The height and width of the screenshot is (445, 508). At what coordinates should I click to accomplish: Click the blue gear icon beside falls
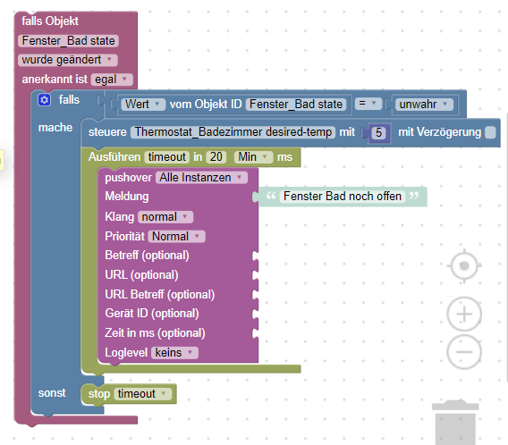44,100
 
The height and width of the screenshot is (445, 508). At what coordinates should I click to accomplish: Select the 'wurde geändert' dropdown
67,60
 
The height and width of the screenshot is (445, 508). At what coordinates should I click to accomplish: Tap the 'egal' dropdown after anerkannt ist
112,80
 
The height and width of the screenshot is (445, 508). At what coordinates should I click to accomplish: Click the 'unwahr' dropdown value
424,105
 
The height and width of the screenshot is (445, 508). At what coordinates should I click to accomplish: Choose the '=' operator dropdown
368,104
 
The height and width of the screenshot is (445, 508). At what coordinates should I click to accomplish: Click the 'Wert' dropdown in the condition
143,105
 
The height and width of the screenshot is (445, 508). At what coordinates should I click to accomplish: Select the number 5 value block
378,132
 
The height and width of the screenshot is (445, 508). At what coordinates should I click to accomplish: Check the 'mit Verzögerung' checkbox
490,132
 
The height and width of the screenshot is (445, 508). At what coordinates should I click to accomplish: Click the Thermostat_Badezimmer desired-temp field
233,132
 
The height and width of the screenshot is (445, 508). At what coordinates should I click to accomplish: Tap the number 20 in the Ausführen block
216,157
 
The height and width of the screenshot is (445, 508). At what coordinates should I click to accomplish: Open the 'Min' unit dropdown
254,157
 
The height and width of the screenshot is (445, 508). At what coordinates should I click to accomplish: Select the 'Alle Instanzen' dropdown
201,177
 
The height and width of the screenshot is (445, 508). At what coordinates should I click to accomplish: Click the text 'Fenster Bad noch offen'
343,196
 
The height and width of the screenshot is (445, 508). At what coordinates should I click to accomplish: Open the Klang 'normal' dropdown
165,217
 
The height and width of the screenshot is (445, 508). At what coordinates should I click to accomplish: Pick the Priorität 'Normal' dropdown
176,236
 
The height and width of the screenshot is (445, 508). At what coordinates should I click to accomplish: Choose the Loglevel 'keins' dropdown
174,352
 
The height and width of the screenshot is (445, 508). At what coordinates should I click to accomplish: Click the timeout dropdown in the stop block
142,394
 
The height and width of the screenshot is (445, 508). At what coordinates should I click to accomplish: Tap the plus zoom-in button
464,314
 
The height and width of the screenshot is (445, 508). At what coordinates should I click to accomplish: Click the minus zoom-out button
464,352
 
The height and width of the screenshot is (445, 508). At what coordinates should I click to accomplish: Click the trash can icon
455,423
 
